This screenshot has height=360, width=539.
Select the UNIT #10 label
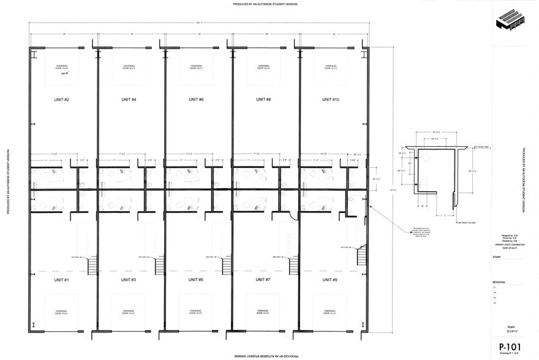[x=330, y=99]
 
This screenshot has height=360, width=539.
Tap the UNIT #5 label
[x=196, y=280]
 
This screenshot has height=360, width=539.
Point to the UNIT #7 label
[x=263, y=280]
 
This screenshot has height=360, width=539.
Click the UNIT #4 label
[x=129, y=99]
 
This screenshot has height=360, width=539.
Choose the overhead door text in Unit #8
[x=263, y=67]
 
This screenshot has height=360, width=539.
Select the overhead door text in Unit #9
[x=330, y=312]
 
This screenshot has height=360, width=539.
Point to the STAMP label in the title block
[x=496, y=258]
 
